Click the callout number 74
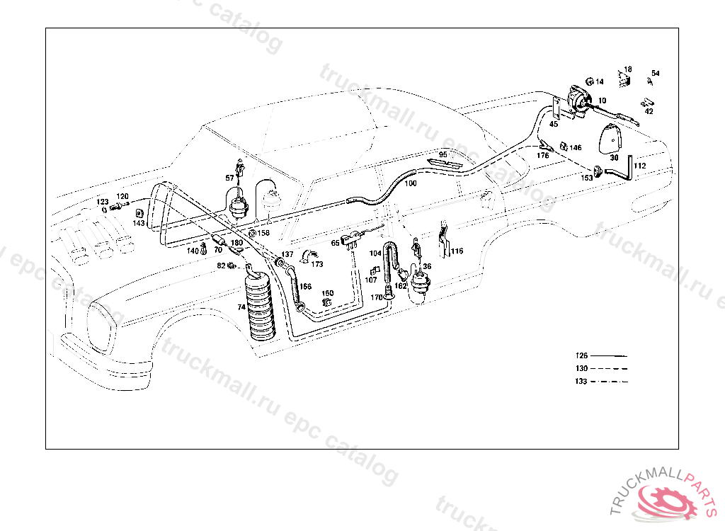click(241, 307)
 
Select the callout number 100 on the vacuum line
click(411, 183)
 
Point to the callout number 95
click(443, 154)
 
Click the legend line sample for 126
click(608, 355)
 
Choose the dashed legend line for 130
click(608, 368)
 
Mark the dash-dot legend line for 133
click(608, 381)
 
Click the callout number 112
click(640, 166)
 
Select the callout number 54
click(656, 73)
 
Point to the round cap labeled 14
click(589, 82)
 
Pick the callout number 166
click(305, 287)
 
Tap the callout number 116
click(457, 251)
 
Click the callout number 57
click(229, 178)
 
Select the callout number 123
click(103, 202)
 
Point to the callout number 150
click(327, 293)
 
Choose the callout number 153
click(587, 178)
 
